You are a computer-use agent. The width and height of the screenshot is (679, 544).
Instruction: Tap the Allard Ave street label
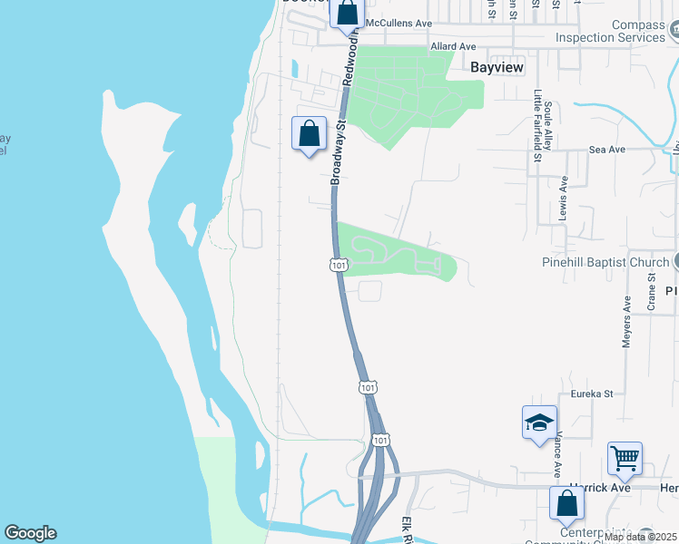pos(453,46)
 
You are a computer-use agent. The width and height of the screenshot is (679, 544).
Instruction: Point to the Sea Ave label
pos(607,150)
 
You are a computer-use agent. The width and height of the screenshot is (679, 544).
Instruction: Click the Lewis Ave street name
pos(564,197)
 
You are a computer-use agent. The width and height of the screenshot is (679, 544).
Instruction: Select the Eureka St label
pos(592,393)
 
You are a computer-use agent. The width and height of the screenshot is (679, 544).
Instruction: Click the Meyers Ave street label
pos(626,322)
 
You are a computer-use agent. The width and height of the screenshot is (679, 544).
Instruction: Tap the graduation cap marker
pos(539,423)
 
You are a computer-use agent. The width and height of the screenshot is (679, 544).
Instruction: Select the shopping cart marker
pos(625,457)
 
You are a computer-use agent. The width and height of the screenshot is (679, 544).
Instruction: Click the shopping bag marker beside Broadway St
pos(310,133)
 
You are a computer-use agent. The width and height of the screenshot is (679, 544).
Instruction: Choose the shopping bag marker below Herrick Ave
pos(566,502)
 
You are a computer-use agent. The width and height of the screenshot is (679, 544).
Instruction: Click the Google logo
pos(30,533)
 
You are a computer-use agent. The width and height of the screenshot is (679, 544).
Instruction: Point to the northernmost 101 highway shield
pos(336,265)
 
